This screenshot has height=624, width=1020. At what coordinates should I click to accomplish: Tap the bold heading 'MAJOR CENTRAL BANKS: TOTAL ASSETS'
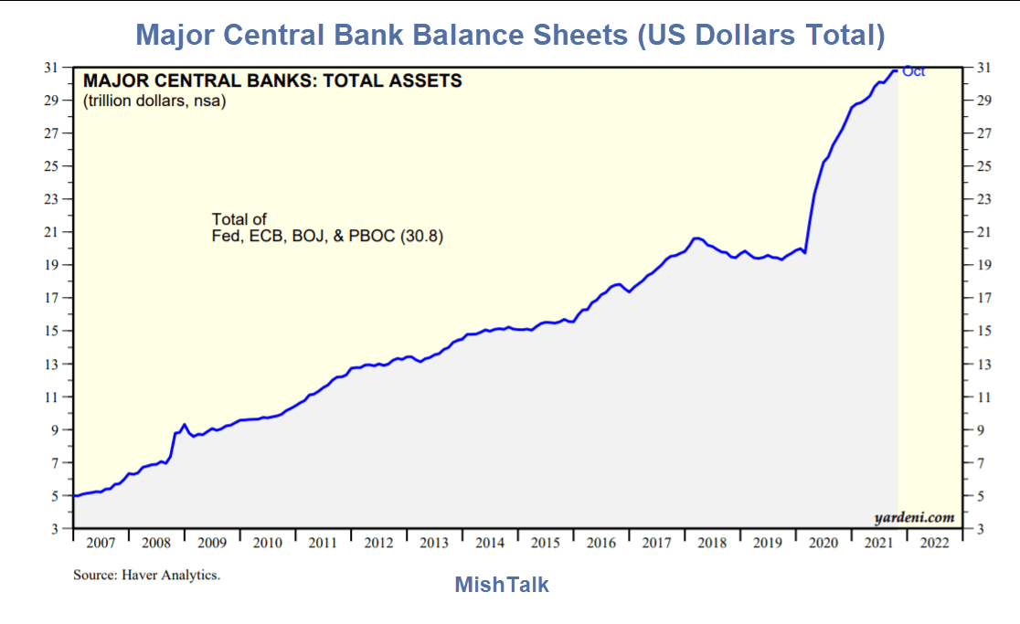tap(272, 81)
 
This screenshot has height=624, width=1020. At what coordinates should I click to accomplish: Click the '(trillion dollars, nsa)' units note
tap(154, 100)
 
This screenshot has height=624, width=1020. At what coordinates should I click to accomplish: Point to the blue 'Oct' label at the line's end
tap(913, 71)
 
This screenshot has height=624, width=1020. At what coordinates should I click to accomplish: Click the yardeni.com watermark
tap(914, 517)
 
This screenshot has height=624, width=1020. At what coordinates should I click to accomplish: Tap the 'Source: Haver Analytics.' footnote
tap(146, 576)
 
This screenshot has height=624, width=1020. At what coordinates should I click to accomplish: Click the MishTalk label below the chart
tap(502, 585)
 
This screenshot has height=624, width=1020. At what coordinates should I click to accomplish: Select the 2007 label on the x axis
tap(101, 543)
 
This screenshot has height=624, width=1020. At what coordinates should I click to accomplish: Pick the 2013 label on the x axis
tap(434, 543)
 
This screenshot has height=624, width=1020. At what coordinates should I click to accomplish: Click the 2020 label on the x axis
tap(823, 543)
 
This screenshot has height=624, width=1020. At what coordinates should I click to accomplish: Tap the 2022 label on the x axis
tap(934, 543)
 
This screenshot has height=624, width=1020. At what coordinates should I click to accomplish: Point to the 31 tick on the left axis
tap(52, 68)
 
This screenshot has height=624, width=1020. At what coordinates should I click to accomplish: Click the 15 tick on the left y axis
tap(52, 331)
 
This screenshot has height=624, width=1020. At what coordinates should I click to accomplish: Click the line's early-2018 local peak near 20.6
tap(696, 238)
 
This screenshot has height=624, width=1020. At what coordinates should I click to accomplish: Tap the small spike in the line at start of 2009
tap(185, 424)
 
